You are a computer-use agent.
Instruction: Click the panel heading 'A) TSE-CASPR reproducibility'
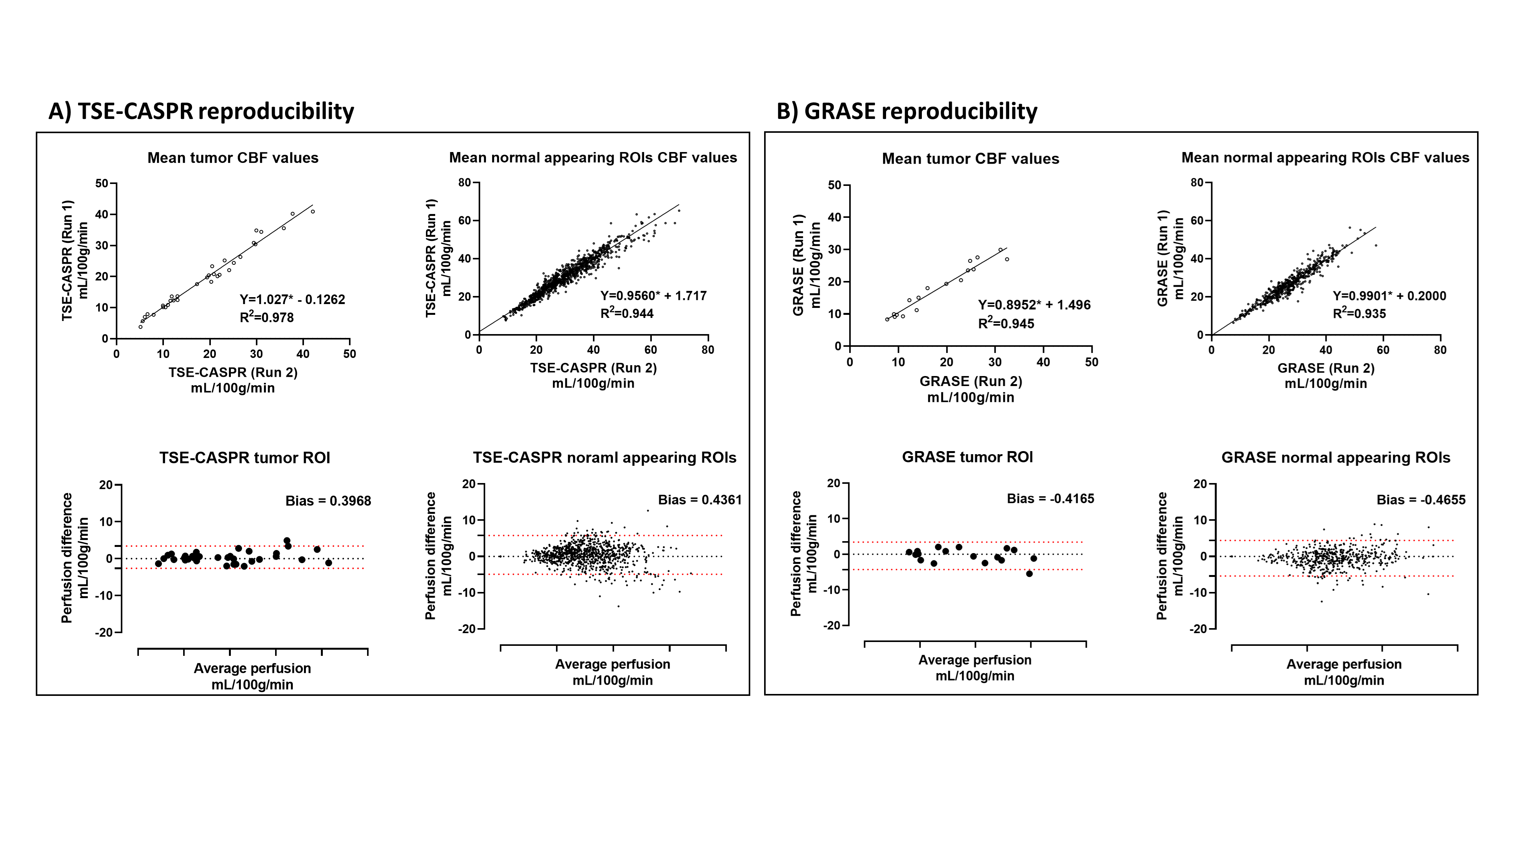coord(201,112)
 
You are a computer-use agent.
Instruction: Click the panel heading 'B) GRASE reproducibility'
coord(906,112)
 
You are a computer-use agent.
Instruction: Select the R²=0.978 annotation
coord(267,318)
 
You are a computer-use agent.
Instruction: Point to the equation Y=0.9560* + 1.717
coord(653,296)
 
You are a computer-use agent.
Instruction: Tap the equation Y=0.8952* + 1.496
coord(1033,305)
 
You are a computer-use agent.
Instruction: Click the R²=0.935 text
coord(1359,314)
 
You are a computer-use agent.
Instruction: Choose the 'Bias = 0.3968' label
coord(328,501)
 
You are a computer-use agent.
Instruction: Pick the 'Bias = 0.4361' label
coord(699,500)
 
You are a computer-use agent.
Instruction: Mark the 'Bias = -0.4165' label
coord(1050,498)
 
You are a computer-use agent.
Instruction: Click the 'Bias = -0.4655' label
coord(1421,500)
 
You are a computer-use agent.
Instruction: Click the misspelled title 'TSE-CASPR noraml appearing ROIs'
coord(604,458)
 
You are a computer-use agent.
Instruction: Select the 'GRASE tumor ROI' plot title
coord(967,457)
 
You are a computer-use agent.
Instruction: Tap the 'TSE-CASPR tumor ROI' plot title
coord(244,458)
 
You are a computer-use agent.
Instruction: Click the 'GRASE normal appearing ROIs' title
coord(1335,458)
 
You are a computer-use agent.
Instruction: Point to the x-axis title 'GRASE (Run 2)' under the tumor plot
coord(971,381)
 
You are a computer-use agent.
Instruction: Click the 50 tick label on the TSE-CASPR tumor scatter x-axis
coord(349,354)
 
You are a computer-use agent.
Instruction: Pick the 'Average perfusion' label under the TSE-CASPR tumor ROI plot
coord(252,668)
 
